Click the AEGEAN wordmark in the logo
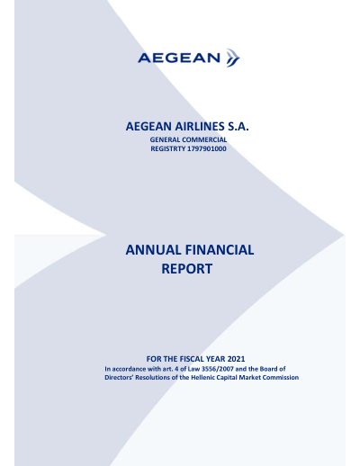click(179, 58)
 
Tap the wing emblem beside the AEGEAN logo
click(233, 58)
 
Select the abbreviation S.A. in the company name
click(238, 127)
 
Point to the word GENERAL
click(165, 139)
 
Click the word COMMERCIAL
click(204, 139)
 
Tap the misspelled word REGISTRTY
click(167, 148)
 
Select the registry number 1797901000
click(207, 148)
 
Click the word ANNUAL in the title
click(153, 250)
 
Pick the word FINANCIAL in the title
click(220, 250)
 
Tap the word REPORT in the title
click(187, 269)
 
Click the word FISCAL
click(192, 359)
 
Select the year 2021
click(236, 359)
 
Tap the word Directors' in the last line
click(119, 377)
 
